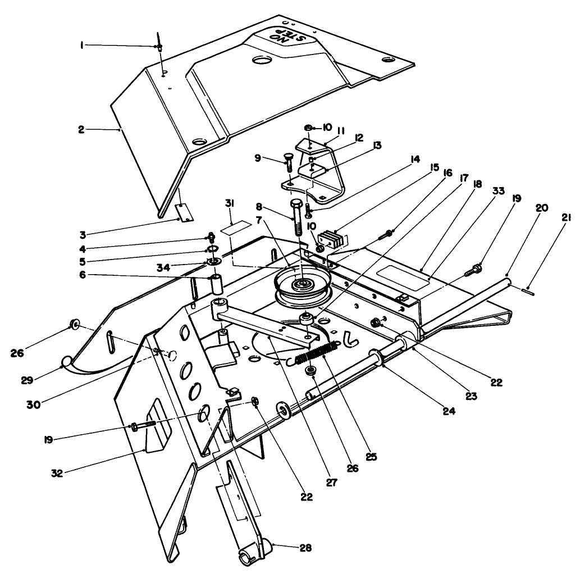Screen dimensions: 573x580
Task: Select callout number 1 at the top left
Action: point(82,46)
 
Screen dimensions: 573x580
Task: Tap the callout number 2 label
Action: point(81,129)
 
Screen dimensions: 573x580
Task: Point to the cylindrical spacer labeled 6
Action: point(217,285)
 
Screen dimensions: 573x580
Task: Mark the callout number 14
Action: point(415,160)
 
